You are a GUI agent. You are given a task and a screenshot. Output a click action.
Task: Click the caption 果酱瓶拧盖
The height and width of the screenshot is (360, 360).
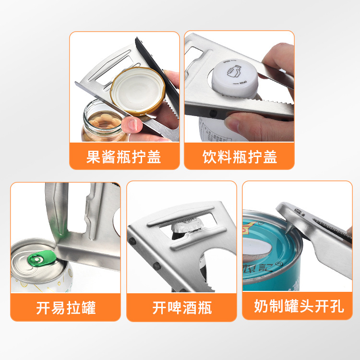click(124, 156)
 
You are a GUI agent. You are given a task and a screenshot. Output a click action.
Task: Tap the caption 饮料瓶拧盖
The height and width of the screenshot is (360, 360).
click(239, 156)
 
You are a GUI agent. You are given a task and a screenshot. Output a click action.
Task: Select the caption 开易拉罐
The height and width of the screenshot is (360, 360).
click(66, 307)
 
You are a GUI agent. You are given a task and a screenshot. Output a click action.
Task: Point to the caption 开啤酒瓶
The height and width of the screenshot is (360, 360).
click(182, 307)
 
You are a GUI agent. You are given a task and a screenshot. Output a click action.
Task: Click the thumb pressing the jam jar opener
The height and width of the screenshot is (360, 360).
click(132, 125)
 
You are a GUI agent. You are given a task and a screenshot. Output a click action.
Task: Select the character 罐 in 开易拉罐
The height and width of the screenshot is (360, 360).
click(88, 307)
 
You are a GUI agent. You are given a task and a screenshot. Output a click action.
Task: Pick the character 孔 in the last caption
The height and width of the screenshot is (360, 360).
click(336, 307)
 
